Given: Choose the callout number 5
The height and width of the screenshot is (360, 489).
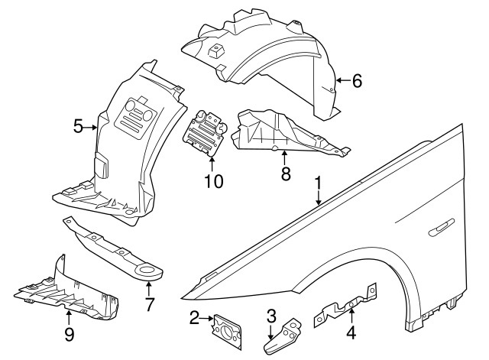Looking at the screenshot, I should pyautogui.click(x=78, y=127).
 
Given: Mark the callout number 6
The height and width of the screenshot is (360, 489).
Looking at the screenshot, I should pyautogui.click(x=357, y=80).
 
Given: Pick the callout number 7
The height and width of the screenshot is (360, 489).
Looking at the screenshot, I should pyautogui.click(x=150, y=304).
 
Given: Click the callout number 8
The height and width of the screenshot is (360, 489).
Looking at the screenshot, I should pyautogui.click(x=285, y=174).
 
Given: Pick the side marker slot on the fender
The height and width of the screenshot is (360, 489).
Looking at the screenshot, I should pyautogui.click(x=442, y=226).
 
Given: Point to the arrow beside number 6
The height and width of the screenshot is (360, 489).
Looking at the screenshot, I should pyautogui.click(x=342, y=80).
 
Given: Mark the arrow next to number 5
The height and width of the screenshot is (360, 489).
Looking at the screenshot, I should pyautogui.click(x=92, y=127).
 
